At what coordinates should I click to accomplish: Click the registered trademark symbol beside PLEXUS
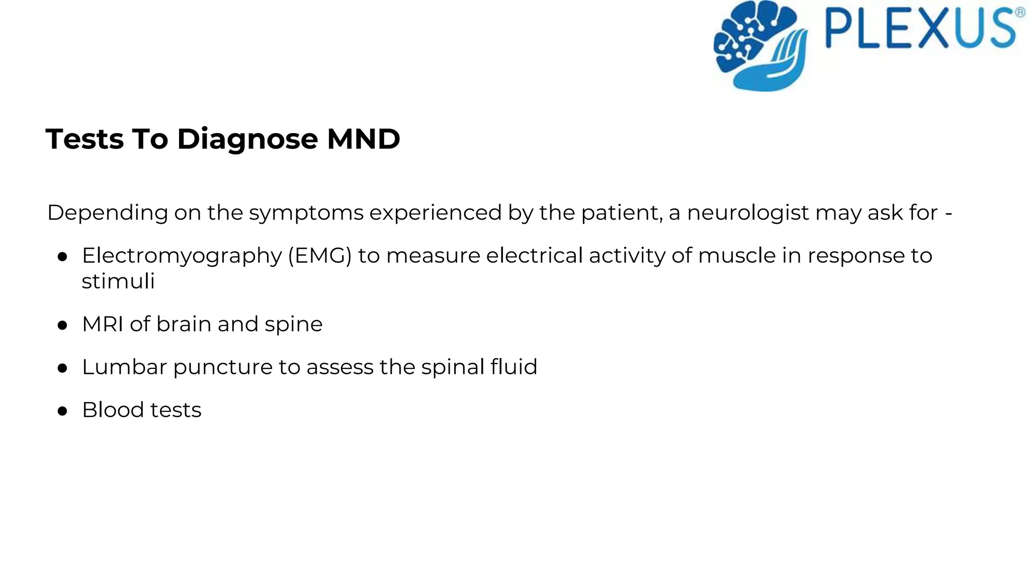(x=1020, y=13)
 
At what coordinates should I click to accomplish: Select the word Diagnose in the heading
(x=247, y=139)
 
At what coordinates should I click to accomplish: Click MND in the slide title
(x=363, y=139)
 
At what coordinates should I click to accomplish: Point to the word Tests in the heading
(x=84, y=139)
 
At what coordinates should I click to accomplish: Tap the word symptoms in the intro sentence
(x=306, y=213)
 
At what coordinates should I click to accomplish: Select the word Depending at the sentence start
(x=107, y=213)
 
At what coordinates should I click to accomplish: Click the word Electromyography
(x=182, y=256)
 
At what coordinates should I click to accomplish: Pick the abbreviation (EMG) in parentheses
(x=319, y=256)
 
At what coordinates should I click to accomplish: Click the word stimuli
(x=118, y=281)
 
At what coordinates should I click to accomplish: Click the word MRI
(x=103, y=324)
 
